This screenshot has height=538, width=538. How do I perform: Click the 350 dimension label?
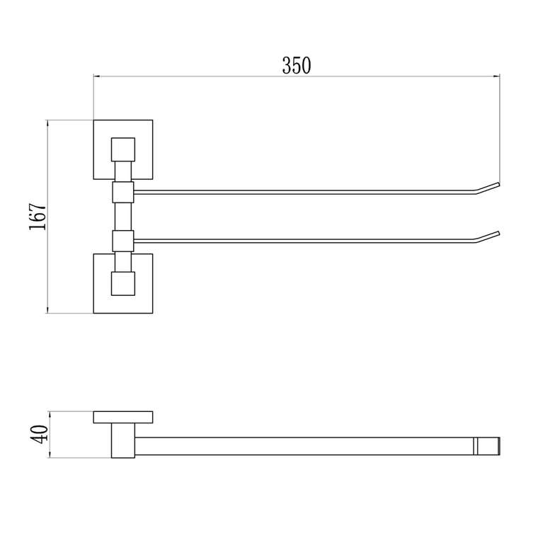tap(297, 65)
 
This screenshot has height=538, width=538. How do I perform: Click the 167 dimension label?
tap(38, 217)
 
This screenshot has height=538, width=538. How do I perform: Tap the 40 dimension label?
tap(40, 435)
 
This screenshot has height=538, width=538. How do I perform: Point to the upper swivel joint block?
tap(123, 192)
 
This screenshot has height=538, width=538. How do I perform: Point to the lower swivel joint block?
tap(123, 241)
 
